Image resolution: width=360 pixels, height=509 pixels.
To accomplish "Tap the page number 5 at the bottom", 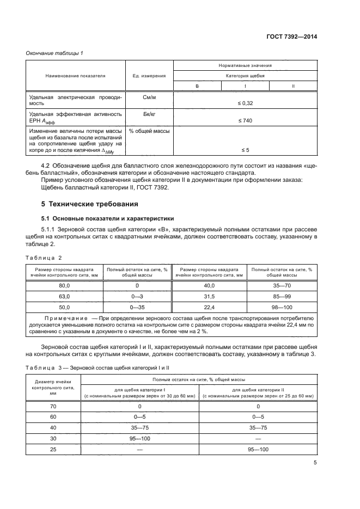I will tap(315, 463).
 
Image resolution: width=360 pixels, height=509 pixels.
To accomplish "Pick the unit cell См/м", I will tap(149, 96).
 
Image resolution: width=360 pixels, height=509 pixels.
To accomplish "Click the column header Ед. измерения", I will tap(149, 76).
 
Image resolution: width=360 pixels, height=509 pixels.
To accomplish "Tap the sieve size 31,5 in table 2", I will tap(209, 297).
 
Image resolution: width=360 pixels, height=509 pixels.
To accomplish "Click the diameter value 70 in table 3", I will tap(53, 406).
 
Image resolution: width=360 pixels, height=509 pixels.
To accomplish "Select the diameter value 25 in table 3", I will tap(53, 450).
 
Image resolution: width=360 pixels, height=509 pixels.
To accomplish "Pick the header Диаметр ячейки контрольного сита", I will tap(53, 388).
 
